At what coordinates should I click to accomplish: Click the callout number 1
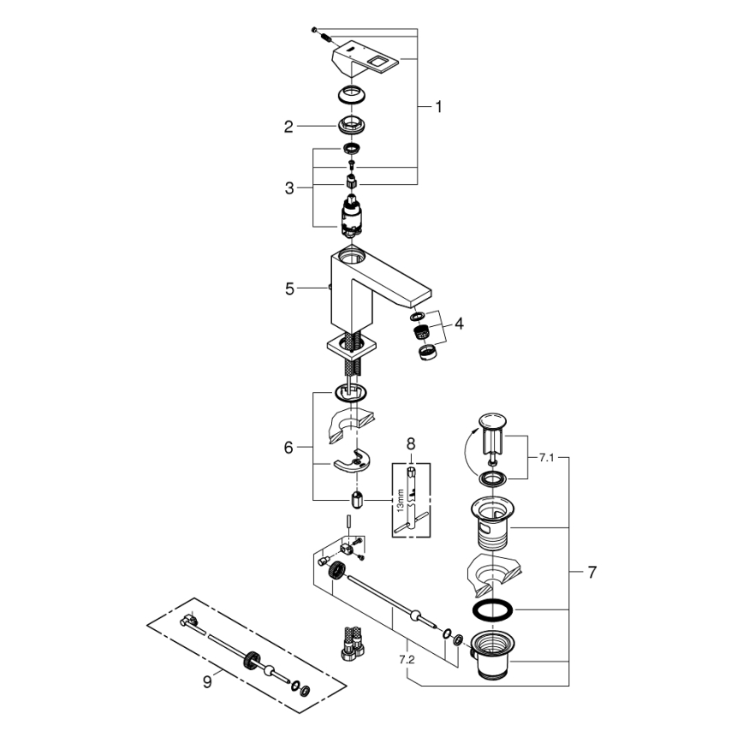[438, 107]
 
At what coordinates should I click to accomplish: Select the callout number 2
[289, 127]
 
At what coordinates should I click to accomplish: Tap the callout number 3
[289, 187]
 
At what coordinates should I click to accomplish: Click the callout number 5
[289, 289]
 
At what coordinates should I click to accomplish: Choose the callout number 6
[289, 447]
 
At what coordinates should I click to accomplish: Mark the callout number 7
[591, 573]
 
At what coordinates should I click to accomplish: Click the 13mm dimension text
[400, 498]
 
